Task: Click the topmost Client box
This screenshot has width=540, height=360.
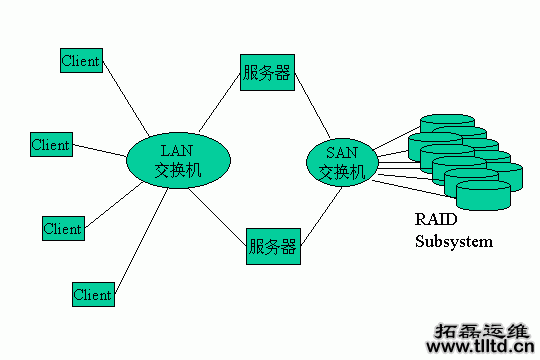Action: coord(80,60)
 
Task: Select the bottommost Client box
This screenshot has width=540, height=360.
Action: coord(93,295)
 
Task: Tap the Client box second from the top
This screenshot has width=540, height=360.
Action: coord(50,145)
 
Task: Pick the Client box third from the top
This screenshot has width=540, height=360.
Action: coord(62,228)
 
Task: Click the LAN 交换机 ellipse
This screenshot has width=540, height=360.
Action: coord(179,161)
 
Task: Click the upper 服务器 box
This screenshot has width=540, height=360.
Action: coord(267,73)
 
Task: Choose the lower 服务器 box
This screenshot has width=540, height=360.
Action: coord(272,245)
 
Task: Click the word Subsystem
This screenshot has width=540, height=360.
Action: coord(454,241)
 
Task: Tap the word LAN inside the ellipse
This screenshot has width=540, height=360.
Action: coord(179,150)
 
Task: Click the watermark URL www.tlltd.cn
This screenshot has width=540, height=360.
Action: coord(480,347)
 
